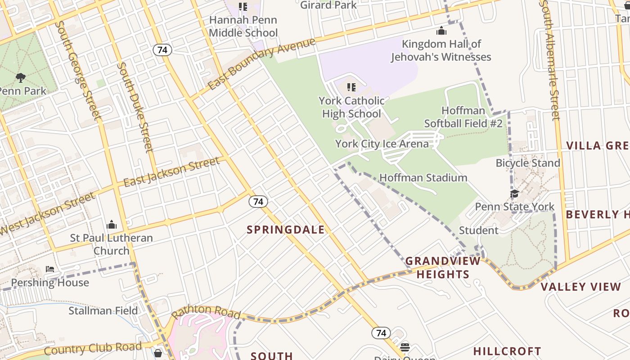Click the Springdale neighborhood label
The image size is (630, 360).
pos(286,229)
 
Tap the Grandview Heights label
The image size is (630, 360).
pos(443,268)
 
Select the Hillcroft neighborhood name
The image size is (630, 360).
pos(507,351)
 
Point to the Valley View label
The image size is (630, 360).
pos(580,287)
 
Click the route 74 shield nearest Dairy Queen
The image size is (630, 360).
pos(381,333)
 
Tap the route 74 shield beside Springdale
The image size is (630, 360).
pos(258,202)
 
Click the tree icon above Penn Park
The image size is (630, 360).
pos(20,78)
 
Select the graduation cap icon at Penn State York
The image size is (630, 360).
pos(514,193)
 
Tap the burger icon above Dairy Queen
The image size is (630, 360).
pos(405,347)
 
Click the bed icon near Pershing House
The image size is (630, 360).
pos(50,269)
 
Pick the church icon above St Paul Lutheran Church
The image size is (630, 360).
pos(111,225)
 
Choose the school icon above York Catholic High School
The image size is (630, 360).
pos(351,87)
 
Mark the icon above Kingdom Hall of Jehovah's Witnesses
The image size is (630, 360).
pos(441,31)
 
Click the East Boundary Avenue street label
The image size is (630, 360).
pos(262,64)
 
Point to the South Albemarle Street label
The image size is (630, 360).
pos(550,61)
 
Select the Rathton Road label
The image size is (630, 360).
pos(206,311)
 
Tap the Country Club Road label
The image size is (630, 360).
pos(93,348)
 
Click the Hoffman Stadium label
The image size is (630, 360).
pos(423,178)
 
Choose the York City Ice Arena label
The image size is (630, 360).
pos(382,144)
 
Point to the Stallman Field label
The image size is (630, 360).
pos(103,310)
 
